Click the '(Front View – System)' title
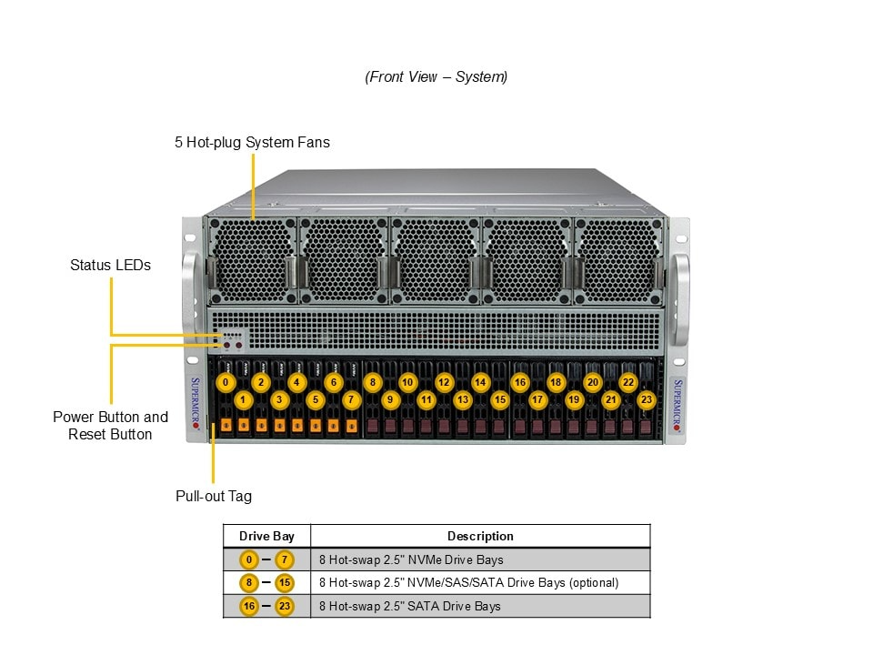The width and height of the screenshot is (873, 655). (436, 77)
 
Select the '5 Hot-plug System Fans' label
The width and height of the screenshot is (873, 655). (252, 143)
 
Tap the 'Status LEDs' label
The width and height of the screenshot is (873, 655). (110, 266)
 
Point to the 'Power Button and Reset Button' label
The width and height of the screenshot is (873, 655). (110, 426)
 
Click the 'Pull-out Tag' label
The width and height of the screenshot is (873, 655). (213, 497)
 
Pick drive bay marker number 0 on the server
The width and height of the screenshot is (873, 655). (225, 382)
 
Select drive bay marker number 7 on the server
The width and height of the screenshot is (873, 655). (352, 399)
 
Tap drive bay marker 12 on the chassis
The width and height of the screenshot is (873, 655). (444, 382)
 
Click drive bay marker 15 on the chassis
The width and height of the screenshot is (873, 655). (499, 399)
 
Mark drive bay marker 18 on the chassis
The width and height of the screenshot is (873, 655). (556, 382)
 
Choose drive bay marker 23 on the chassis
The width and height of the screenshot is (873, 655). (647, 399)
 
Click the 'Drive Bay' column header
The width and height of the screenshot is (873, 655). (266, 537)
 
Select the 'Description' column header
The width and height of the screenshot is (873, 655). (480, 537)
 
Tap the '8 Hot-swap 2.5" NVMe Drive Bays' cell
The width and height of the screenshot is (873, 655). (411, 559)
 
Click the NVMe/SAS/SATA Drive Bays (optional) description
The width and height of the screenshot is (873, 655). (468, 582)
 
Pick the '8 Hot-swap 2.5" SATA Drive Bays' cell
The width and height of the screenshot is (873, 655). (409, 606)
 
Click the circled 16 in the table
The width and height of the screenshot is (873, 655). (248, 606)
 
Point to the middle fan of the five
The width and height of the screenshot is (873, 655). (435, 260)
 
